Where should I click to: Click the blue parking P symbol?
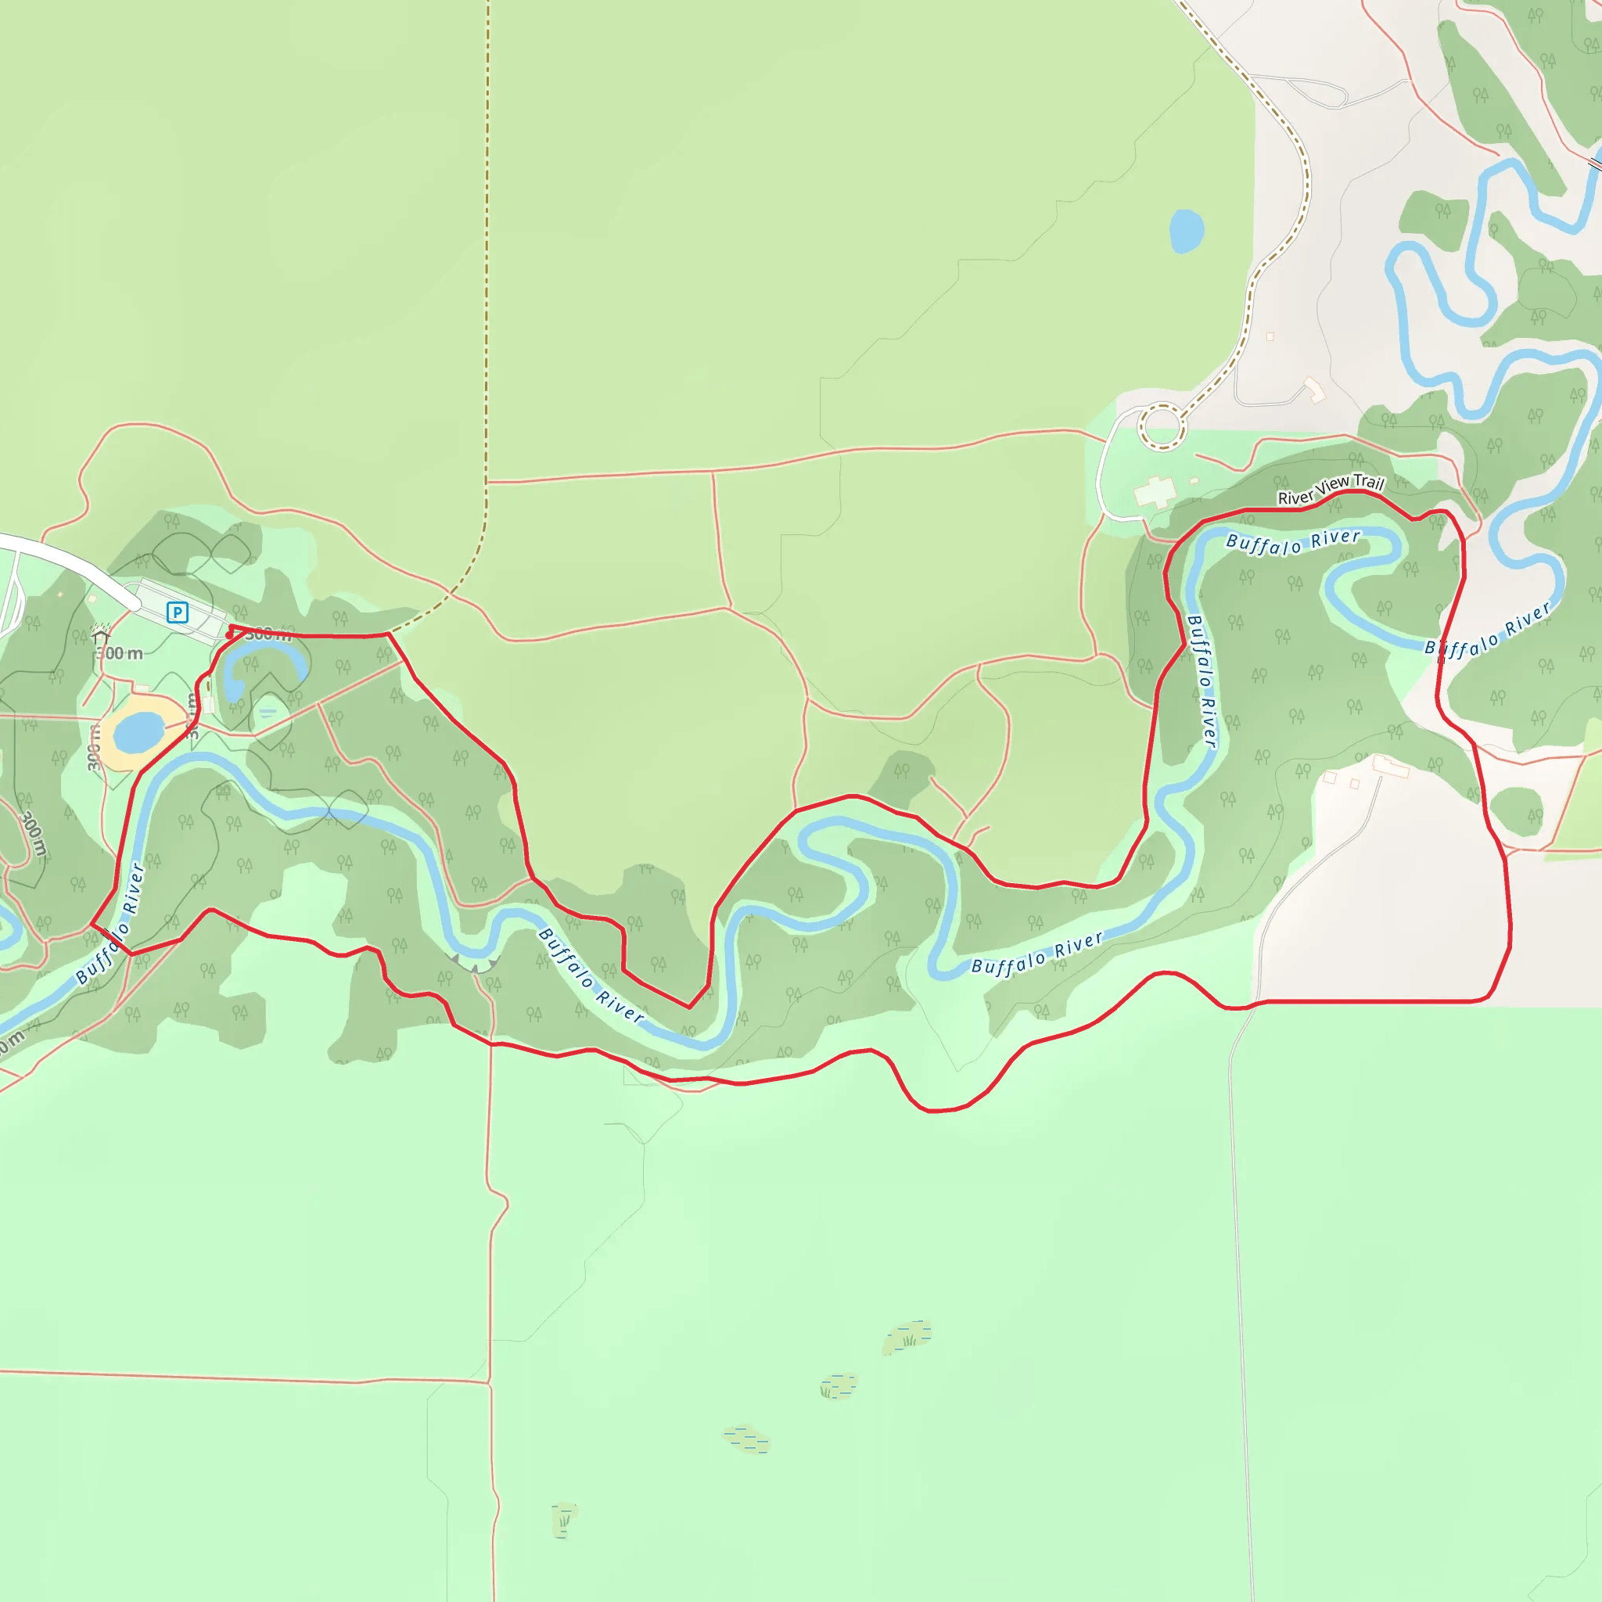(177, 612)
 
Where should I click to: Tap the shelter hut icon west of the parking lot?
(101, 636)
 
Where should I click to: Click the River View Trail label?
(1331, 489)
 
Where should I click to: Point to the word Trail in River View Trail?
(1368, 482)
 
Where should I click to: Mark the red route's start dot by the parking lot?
(230, 635)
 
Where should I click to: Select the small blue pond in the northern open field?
(1186, 231)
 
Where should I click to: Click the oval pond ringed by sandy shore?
(138, 732)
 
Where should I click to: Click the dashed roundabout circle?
(1162, 427)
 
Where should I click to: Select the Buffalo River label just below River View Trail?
(1293, 542)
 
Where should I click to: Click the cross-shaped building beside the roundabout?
(1155, 492)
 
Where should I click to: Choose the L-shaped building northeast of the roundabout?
(1314, 389)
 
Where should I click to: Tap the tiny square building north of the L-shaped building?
(1270, 336)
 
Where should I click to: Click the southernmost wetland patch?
(564, 1519)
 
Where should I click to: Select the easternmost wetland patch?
(908, 1337)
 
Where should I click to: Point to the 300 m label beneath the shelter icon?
(121, 653)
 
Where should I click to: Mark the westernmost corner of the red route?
(91, 924)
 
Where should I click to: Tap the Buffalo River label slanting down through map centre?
(591, 975)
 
